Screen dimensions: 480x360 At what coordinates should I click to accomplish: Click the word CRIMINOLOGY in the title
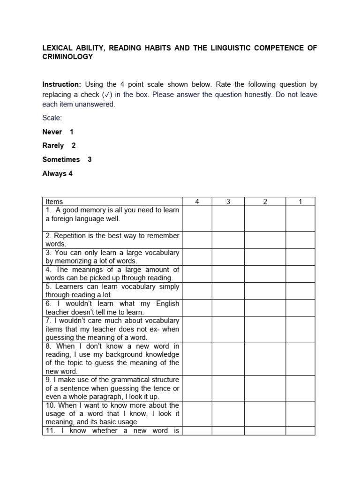(x=67, y=57)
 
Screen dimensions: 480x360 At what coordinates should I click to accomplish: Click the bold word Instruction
(x=61, y=85)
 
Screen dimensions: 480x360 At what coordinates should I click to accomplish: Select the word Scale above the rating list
(x=52, y=118)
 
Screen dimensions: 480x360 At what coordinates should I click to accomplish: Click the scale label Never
(x=52, y=132)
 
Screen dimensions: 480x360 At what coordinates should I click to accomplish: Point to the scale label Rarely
(x=53, y=146)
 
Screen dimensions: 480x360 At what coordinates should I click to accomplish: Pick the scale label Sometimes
(x=61, y=159)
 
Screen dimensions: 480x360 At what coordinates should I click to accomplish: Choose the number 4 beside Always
(x=70, y=173)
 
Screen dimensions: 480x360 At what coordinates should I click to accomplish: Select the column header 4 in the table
(x=197, y=202)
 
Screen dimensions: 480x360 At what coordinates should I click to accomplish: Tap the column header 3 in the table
(x=228, y=202)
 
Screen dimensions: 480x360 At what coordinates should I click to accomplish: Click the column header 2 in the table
(x=265, y=202)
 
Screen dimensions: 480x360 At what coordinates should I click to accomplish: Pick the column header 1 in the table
(x=300, y=202)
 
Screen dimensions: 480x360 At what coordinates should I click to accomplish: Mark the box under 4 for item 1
(x=197, y=219)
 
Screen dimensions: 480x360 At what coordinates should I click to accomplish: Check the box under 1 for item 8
(x=300, y=359)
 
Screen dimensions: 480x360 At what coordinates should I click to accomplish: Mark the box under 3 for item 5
(x=228, y=291)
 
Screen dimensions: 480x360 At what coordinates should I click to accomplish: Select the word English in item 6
(x=167, y=303)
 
